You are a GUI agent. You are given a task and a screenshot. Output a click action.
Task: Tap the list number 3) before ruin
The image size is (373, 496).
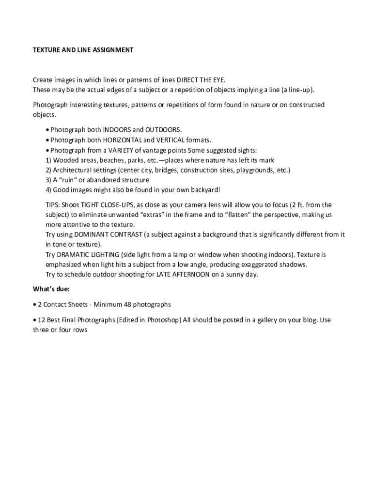click(x=48, y=180)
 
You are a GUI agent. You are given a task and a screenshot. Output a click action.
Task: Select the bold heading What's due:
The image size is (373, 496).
click(x=51, y=289)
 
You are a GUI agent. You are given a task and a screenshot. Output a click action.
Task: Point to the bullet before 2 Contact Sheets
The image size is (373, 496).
click(x=34, y=305)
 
